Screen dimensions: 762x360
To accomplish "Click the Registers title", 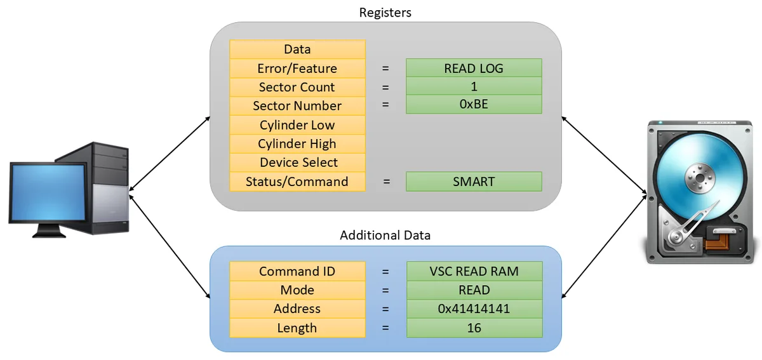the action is point(385,13).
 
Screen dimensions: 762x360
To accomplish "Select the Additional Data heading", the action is point(385,235).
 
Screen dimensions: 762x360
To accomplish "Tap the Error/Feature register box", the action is point(297,69).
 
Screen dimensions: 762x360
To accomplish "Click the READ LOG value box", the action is point(474,68).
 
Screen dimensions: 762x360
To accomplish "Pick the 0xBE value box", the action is point(474,104).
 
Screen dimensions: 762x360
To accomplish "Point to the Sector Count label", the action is point(297,87).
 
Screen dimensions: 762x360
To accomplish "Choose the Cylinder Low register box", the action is point(297,125).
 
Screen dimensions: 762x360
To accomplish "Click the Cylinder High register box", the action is point(297,143).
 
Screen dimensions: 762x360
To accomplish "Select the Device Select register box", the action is point(297,163).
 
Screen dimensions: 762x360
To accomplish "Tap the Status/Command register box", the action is point(297,182).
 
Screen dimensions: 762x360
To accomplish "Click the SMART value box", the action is point(474,182).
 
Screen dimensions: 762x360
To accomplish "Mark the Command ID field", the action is point(297,271).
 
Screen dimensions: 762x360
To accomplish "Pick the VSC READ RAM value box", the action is point(474,271).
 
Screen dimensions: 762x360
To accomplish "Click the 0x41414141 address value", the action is point(474,309).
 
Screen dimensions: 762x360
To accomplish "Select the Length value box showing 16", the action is point(474,328).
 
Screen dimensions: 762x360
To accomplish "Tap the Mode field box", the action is point(297,290).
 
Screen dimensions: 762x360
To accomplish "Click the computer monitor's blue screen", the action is point(48,192).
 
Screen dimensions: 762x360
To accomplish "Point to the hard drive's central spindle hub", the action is point(700,178).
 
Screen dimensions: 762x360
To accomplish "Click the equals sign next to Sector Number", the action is point(385,105).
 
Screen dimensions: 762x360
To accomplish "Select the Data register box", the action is point(297,50).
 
